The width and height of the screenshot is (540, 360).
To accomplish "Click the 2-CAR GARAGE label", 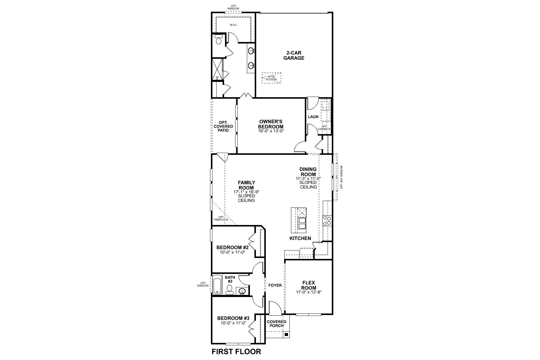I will (x=294, y=55).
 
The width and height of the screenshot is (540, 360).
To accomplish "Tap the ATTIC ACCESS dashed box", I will (x=271, y=78).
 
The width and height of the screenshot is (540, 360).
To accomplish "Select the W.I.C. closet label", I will (x=233, y=25).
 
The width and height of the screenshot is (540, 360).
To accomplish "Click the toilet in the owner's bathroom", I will (x=218, y=40).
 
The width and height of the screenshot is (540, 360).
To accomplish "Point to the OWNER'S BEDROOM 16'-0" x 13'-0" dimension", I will (x=271, y=131).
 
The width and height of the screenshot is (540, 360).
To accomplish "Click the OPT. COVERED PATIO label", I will (x=223, y=126).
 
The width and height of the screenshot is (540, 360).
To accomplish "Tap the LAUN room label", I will (x=313, y=117).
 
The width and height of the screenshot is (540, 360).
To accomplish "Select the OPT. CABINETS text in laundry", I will (x=326, y=128).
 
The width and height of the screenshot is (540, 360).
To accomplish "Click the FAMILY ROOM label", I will (x=246, y=185).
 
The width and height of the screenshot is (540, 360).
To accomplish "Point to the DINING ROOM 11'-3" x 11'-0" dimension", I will (x=308, y=178).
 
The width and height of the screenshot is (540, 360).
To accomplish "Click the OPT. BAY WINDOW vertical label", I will (x=341, y=177).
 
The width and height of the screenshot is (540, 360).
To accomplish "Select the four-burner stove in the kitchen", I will (x=327, y=221).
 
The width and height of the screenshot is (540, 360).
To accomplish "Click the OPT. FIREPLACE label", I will (x=221, y=218).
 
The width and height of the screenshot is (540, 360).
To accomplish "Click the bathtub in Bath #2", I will (x=217, y=285).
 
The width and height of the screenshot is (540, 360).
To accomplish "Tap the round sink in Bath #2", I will (x=242, y=291).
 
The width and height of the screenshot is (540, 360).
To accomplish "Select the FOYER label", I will (x=275, y=285).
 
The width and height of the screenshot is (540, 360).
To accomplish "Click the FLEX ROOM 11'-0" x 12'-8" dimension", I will (x=309, y=292).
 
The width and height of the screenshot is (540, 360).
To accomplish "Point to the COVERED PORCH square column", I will (x=286, y=334).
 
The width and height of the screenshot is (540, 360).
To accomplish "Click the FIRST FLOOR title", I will (x=236, y=352).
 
